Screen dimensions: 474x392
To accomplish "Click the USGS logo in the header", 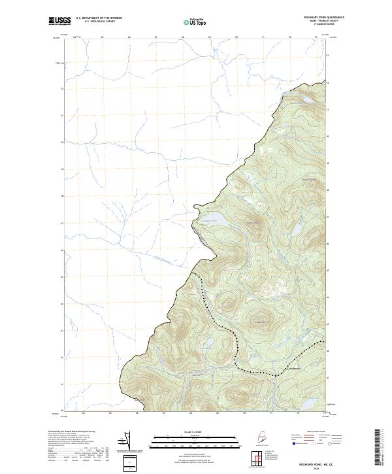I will tap(61, 21).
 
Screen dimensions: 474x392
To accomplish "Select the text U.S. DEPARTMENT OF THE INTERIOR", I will tap(99, 18).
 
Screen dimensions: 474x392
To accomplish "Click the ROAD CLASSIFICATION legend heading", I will tap(314, 432).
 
